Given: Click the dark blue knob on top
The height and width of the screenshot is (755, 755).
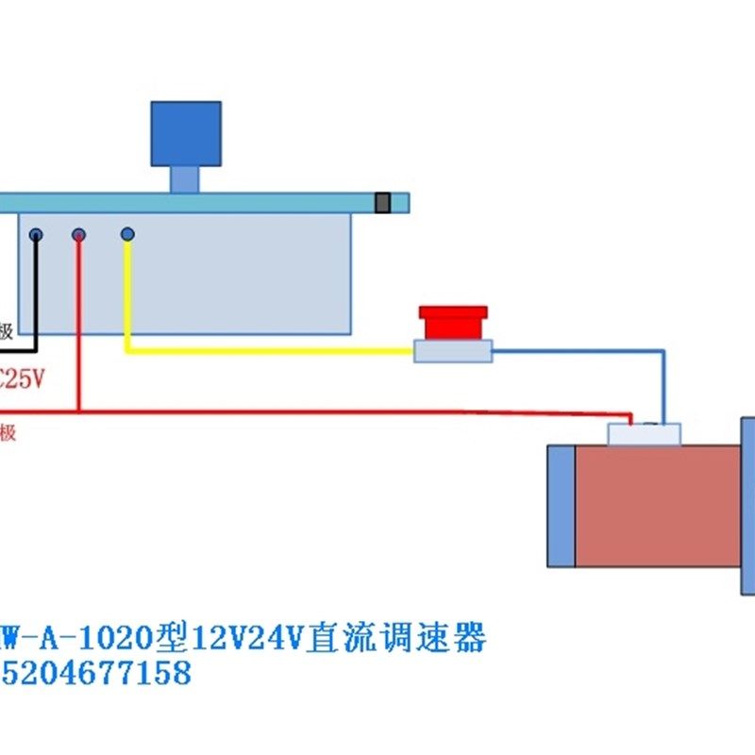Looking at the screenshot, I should click(x=186, y=134).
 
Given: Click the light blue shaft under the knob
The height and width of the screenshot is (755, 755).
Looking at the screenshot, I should click(x=184, y=179).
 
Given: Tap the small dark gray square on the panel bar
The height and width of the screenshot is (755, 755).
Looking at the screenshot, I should click(x=382, y=203).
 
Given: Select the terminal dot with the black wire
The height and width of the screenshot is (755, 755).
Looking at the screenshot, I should click(x=36, y=234).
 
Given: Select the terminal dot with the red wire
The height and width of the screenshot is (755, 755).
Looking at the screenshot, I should click(x=79, y=234).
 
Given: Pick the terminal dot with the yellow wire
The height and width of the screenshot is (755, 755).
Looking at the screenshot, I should click(x=127, y=233).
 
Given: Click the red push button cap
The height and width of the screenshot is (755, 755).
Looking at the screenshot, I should click(x=453, y=323).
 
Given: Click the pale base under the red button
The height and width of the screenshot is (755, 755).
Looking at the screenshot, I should click(x=453, y=352).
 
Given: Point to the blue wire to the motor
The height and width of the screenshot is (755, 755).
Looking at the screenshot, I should click(x=663, y=387).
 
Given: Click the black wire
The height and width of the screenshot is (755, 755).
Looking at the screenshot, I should click(x=35, y=293).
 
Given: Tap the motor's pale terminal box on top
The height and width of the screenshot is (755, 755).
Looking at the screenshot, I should click(x=644, y=435).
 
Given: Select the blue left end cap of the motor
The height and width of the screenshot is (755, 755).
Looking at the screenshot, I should click(x=561, y=507).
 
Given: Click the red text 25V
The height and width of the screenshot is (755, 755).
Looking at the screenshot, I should click(x=23, y=380).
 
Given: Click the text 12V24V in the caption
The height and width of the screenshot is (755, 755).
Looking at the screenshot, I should click(x=245, y=639).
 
